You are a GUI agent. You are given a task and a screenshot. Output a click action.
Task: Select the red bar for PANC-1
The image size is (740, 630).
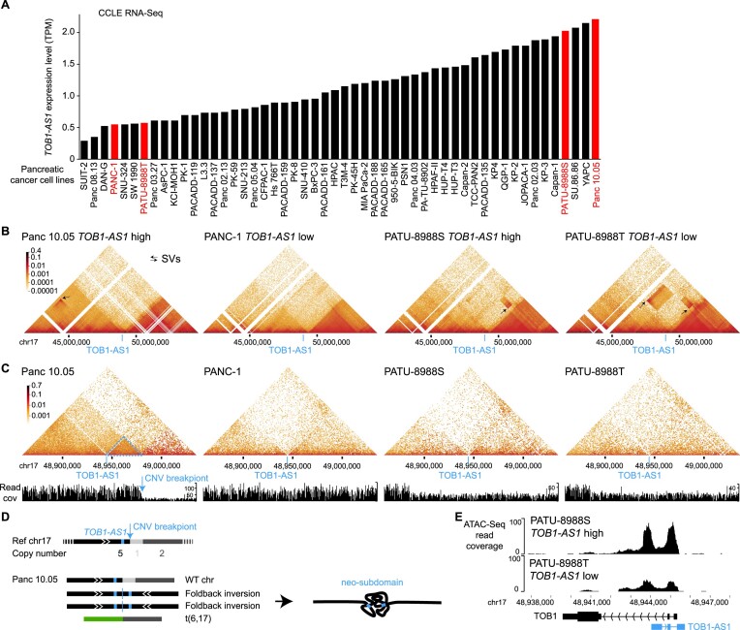point(115,142)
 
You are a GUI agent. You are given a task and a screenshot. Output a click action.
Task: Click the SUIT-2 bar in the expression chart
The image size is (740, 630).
point(84,150)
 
